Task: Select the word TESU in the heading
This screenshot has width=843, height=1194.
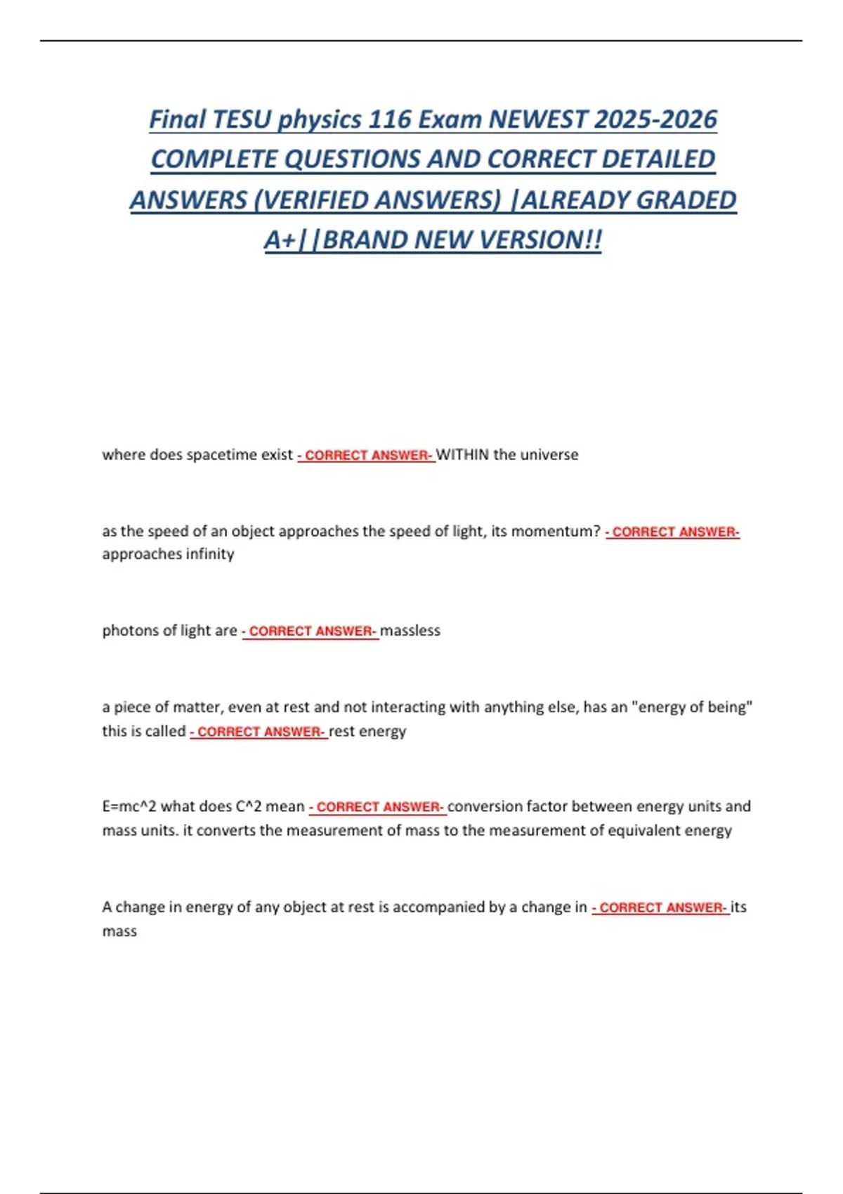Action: click(241, 119)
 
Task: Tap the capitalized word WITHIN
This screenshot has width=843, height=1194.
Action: click(462, 454)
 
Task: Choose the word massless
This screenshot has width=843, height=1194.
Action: click(410, 631)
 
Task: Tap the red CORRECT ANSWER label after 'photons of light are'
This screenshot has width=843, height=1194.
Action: click(311, 631)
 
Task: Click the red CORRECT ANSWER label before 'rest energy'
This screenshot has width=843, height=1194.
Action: click(259, 732)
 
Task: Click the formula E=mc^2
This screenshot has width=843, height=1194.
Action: click(129, 806)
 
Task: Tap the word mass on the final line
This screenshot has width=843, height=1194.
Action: click(119, 931)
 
